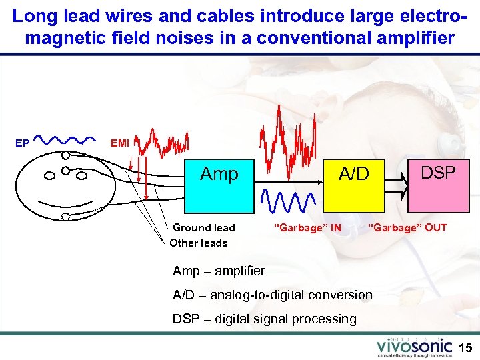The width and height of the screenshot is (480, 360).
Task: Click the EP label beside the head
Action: coord(22,143)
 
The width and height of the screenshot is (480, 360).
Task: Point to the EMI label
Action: coord(120,142)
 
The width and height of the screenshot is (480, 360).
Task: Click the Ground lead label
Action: coord(204,228)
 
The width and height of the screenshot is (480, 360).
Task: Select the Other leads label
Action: coord(199,243)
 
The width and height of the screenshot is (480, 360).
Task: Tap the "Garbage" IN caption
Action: coord(307,228)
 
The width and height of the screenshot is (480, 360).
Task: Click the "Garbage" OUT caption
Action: coord(407,228)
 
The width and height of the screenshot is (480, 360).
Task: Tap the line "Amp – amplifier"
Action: coord(219,271)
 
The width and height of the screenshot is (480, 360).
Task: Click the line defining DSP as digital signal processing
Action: coord(265,319)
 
